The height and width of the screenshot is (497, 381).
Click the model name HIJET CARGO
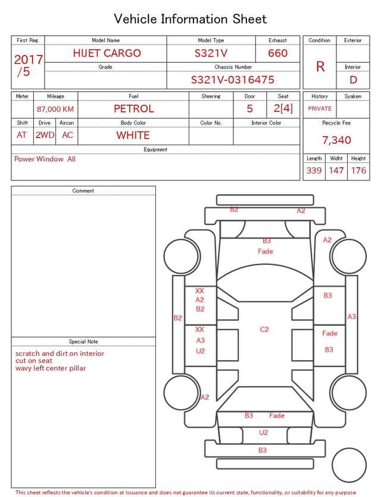tap(107, 53)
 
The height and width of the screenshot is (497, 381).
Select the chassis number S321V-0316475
tap(232, 80)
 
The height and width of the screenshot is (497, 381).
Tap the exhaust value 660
tap(277, 53)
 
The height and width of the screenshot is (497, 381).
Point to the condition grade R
tap(320, 67)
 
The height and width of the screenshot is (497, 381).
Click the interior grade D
tap(353, 80)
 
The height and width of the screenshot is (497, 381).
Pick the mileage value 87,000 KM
tap(55, 109)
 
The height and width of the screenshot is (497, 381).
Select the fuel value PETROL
tap(134, 109)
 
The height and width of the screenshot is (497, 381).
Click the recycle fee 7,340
tap(336, 140)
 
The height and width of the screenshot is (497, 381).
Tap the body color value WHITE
tap(133, 135)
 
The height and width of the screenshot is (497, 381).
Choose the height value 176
tap(358, 170)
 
